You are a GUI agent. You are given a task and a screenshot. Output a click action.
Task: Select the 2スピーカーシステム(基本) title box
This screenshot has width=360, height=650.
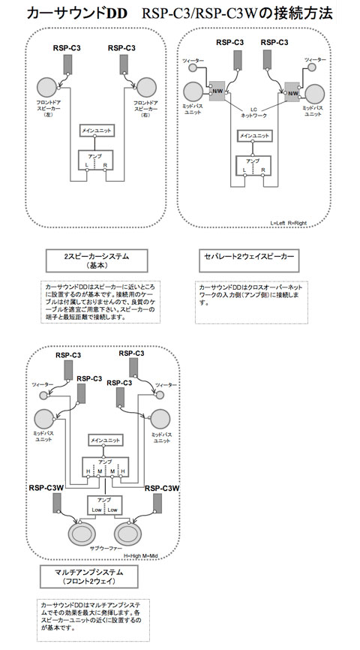97,260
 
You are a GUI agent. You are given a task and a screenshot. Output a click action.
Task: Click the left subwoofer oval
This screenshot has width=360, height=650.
81,534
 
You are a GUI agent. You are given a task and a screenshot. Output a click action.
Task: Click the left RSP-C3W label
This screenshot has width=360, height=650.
46,488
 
